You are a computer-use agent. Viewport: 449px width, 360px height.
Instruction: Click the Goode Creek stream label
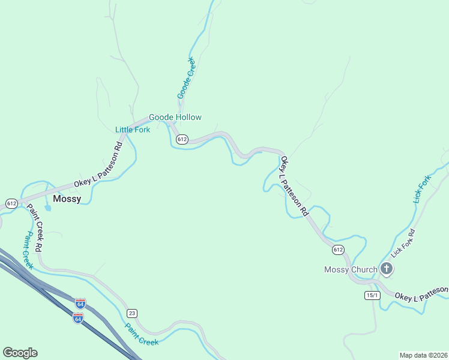[187, 78]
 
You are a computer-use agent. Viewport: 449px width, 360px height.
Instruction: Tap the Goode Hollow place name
[175, 118]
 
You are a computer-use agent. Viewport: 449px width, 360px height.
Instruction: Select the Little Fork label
[133, 130]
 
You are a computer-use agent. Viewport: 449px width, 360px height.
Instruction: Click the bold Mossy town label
[67, 199]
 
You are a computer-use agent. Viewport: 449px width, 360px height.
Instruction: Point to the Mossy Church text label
[351, 269]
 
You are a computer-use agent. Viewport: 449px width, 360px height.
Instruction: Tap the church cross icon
[387, 269]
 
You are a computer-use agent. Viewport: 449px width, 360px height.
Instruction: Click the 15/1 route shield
[372, 295]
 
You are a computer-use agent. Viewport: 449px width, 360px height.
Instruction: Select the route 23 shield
[132, 313]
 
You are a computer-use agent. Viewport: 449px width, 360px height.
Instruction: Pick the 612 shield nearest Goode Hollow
[182, 139]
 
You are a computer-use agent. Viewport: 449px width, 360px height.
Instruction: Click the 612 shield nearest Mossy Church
[338, 250]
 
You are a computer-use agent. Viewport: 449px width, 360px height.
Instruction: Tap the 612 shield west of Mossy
[11, 203]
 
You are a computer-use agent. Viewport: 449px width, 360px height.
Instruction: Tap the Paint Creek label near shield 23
[142, 334]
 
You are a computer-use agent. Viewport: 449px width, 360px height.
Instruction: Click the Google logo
[20, 353]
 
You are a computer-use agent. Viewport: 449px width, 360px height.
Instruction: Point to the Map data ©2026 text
[423, 355]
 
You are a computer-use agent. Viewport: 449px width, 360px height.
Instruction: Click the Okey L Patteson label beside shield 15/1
[421, 293]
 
